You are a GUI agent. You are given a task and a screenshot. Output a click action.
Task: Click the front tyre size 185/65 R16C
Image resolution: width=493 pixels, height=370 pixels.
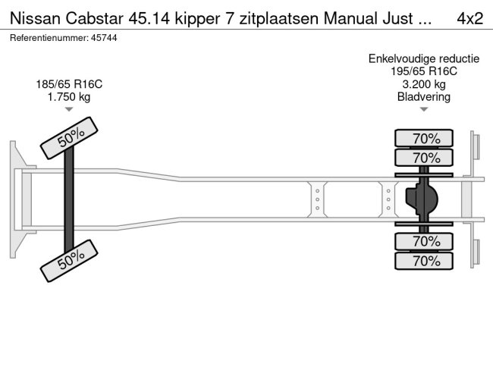(69, 83)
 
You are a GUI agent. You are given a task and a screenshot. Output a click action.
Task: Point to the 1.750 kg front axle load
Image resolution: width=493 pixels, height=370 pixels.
(69, 96)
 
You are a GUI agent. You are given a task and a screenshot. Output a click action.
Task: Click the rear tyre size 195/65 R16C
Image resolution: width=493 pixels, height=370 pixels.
(423, 71)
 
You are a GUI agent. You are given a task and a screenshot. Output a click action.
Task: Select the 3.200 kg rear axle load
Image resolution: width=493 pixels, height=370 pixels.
(423, 83)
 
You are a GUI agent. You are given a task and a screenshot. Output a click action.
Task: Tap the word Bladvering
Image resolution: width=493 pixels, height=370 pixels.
(423, 96)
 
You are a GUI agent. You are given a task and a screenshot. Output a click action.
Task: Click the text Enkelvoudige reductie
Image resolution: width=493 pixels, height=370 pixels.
(423, 58)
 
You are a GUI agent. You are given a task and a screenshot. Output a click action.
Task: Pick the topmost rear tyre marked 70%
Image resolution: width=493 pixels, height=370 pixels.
(424, 138)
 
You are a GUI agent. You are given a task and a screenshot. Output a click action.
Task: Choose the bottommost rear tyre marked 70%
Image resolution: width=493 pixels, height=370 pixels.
(424, 261)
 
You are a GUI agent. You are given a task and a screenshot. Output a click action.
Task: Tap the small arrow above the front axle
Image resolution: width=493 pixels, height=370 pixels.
(69, 109)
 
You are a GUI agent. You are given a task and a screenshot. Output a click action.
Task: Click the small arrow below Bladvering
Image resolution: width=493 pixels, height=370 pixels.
(423, 109)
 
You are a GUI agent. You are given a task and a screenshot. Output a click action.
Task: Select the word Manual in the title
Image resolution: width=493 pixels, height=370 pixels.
(341, 17)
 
